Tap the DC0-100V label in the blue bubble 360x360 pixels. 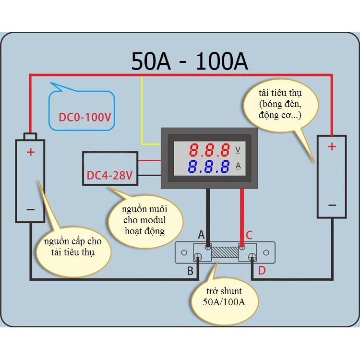(85, 117)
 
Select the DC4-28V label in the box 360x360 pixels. (109, 175)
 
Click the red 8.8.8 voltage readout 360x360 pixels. (209, 150)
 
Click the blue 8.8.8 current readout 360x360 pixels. (209, 167)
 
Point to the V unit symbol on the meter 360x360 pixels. (238, 150)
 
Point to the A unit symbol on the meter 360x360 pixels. (238, 166)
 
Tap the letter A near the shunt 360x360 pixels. (201, 235)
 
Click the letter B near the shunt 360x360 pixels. (191, 271)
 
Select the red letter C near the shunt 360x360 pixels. (249, 235)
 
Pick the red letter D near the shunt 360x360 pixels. (262, 270)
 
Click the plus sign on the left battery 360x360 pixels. (31, 152)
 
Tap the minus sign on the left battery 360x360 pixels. (31, 209)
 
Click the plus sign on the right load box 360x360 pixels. (332, 146)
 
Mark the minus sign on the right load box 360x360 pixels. (332, 205)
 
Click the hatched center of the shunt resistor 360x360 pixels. (225, 252)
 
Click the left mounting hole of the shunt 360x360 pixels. (184, 253)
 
